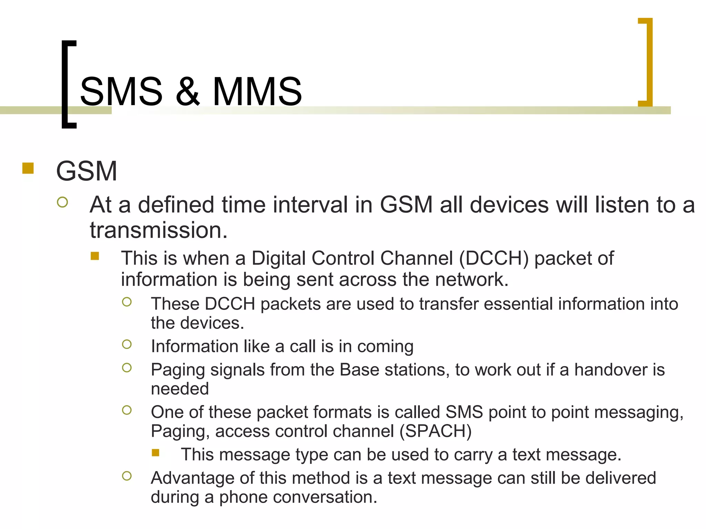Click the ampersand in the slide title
188,91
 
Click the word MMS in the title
257,91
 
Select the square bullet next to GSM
28,168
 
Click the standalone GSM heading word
87,171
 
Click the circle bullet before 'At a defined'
62,202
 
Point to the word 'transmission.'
159,230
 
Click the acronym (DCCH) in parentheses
494,258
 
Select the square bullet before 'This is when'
95,256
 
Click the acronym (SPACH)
435,431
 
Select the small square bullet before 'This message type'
155,453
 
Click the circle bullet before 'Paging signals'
127,368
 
